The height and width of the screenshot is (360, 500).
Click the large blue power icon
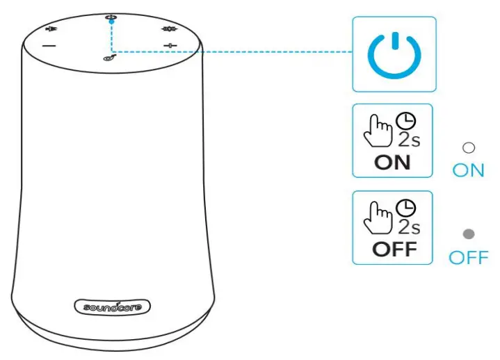(x=394, y=54)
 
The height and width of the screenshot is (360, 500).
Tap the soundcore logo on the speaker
(x=112, y=306)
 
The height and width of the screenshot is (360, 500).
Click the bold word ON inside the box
(x=392, y=163)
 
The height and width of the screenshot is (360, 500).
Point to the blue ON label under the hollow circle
(x=468, y=170)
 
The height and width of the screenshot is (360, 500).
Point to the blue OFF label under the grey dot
(x=468, y=258)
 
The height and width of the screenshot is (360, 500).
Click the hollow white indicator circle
(x=469, y=147)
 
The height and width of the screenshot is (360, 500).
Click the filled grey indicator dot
(x=469, y=235)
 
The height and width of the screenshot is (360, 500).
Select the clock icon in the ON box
(x=405, y=120)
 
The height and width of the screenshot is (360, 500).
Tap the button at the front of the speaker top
(x=110, y=59)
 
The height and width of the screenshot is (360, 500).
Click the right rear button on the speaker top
(x=168, y=30)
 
